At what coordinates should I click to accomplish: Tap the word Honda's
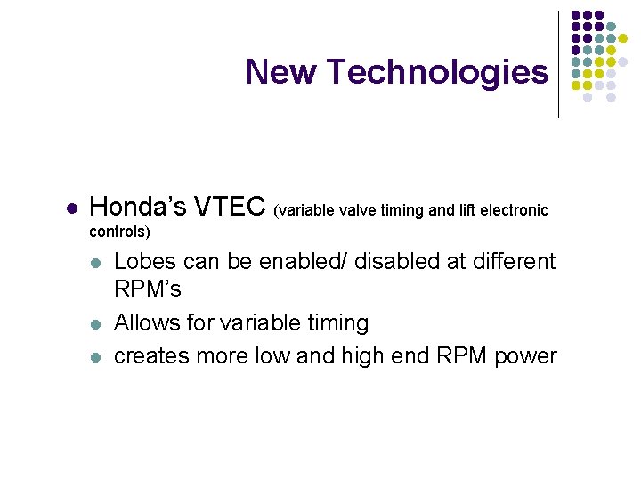pos(138,207)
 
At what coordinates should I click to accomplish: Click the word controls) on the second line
pos(120,232)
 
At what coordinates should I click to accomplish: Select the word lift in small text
pos(468,210)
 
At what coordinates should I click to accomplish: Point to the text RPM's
pos(148,289)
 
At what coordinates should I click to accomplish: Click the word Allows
pos(149,322)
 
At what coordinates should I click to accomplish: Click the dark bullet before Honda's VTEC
pos(73,208)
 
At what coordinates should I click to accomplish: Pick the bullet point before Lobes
pos(96,264)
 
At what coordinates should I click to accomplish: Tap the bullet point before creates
pos(96,357)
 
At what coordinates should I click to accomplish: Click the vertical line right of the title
pos(558,64)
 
